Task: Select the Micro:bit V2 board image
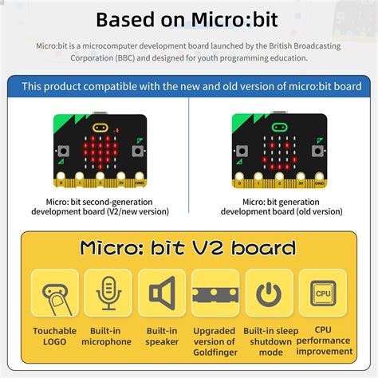[x=100, y=147]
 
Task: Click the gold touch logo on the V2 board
[x=100, y=128]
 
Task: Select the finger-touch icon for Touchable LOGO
[x=55, y=293]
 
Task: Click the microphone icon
[x=108, y=293]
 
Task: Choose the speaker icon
[x=162, y=293]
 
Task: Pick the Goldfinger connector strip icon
[x=215, y=293]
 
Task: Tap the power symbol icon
[x=270, y=293]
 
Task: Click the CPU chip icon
[x=323, y=293]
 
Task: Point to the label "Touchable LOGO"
[x=55, y=336]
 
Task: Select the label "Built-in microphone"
[x=107, y=336]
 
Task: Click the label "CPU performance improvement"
[x=323, y=340]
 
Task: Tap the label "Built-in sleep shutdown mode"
[x=270, y=341]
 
